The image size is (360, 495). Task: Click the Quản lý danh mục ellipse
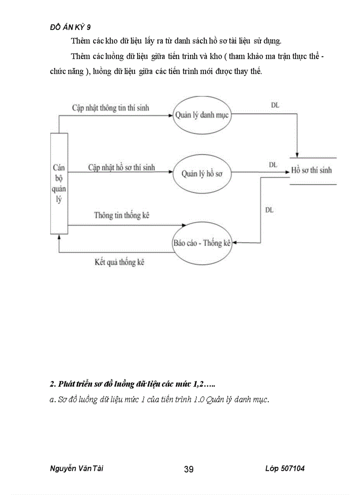click(x=201, y=115)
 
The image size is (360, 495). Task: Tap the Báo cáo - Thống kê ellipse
click(x=202, y=243)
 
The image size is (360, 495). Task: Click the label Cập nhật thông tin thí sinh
click(x=111, y=108)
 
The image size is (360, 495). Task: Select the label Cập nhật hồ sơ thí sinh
click(x=121, y=167)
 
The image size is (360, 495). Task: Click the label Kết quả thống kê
click(x=120, y=262)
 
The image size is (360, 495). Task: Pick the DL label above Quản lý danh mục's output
click(x=275, y=105)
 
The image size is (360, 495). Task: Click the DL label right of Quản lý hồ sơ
click(x=273, y=164)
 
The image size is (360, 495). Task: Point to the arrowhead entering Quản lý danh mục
click(x=170, y=116)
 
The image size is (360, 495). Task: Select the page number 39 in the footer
click(x=188, y=469)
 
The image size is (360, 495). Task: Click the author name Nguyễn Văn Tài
click(x=77, y=469)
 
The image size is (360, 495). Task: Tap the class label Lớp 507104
click(x=285, y=469)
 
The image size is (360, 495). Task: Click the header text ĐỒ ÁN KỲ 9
click(x=71, y=27)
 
